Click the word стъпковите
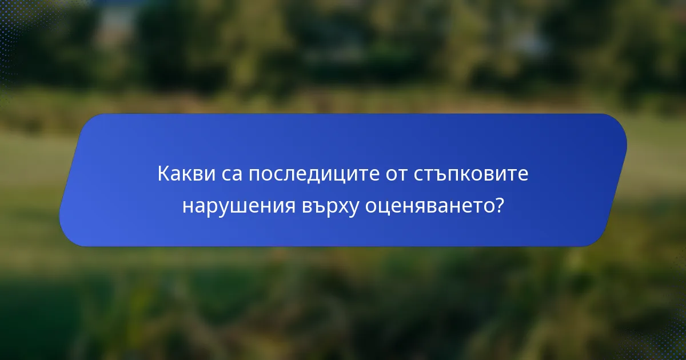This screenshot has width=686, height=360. click(x=470, y=174)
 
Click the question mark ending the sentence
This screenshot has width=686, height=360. click(x=500, y=206)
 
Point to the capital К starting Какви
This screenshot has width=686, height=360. click(x=162, y=174)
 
